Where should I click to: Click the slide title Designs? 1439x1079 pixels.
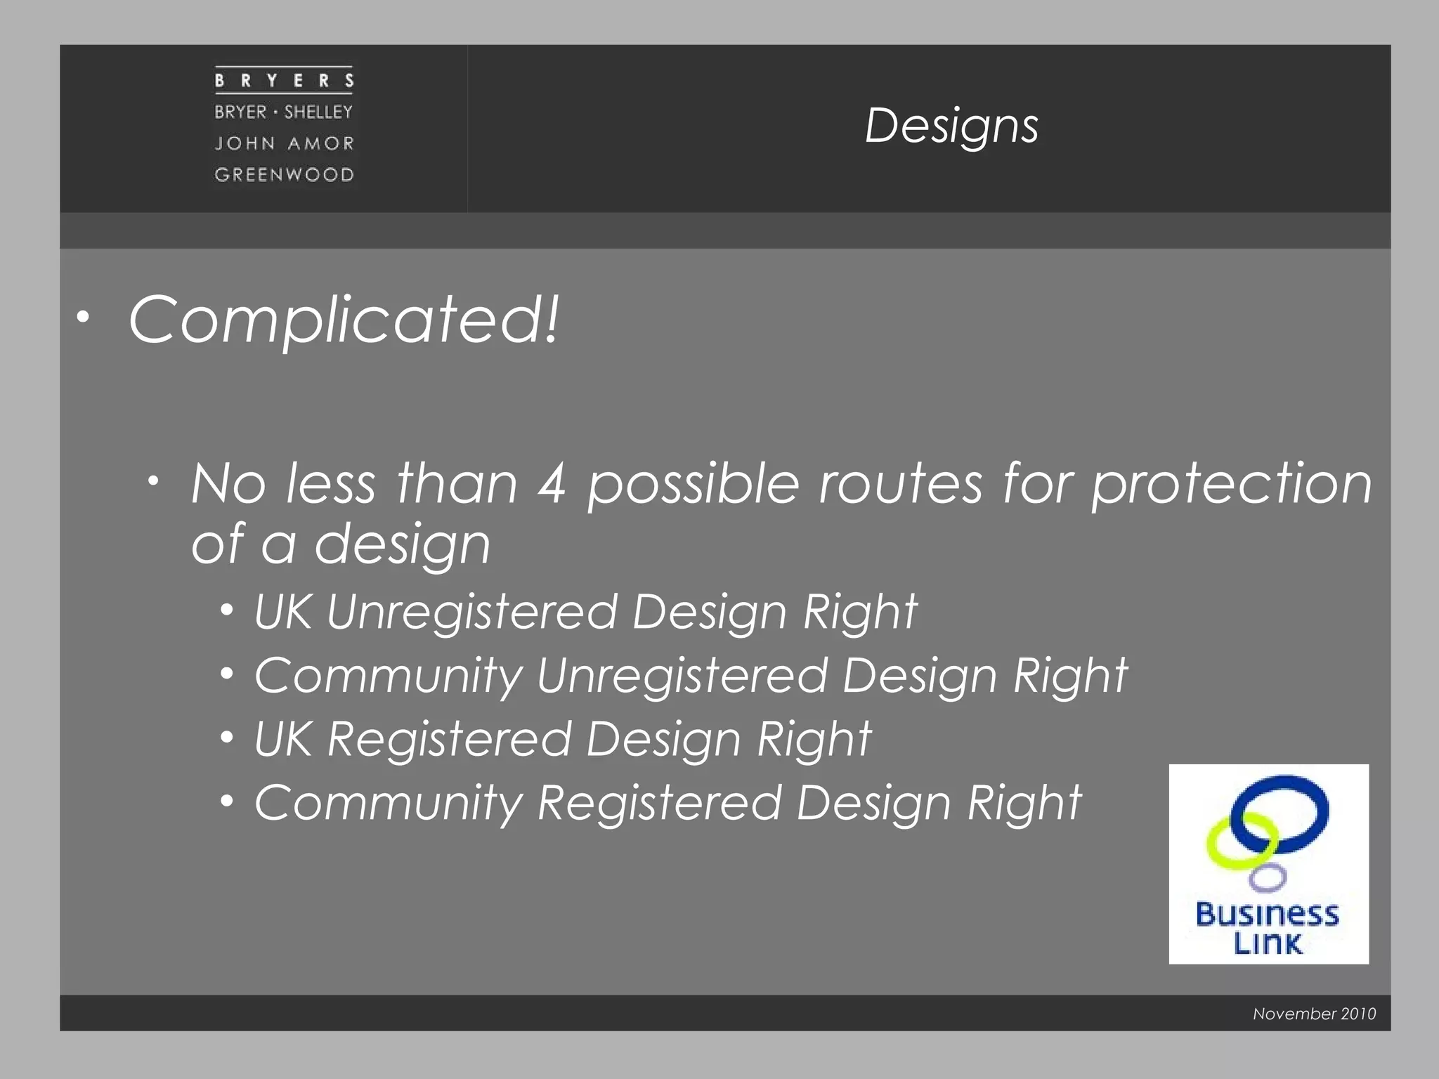point(951,126)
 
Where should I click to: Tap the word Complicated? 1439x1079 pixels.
point(344,320)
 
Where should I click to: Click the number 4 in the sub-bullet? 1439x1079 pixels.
point(552,485)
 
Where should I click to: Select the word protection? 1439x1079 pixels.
point(1231,485)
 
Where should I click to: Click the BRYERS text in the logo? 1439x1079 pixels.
point(284,81)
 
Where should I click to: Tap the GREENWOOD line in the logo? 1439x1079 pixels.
point(284,174)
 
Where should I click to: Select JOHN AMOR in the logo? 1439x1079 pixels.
point(284,143)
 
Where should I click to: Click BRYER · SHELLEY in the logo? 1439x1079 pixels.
point(284,112)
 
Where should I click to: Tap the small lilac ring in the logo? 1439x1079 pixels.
point(1268,877)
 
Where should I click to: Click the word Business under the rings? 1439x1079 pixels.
point(1268,915)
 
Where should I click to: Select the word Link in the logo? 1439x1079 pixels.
point(1268,943)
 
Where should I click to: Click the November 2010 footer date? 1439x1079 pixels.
point(1314,1014)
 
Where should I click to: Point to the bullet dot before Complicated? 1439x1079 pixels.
point(84,318)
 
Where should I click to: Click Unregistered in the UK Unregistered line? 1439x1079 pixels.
point(471,612)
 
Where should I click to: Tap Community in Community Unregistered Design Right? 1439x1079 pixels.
point(389,676)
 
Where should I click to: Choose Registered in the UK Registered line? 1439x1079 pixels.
point(449,740)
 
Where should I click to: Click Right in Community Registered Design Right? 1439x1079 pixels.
point(1024,803)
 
